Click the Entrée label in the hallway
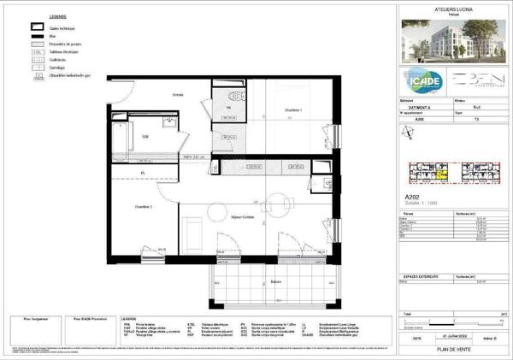178,94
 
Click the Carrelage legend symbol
38,66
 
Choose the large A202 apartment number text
412,196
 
